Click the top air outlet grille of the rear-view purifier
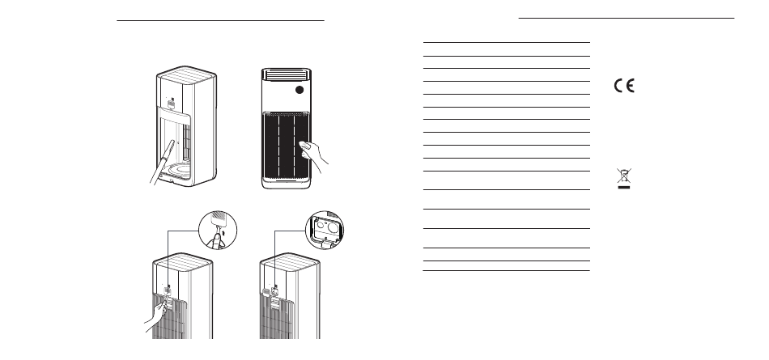pos(287,74)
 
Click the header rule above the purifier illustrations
pos(220,21)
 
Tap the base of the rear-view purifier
pos(287,184)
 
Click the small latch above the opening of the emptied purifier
pos(171,103)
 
